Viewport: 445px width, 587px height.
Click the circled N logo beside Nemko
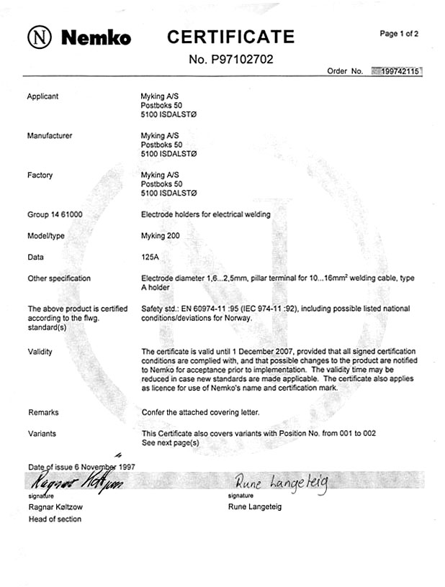click(x=40, y=37)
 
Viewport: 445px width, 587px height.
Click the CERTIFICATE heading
click(x=230, y=37)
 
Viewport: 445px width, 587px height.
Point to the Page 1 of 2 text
click(x=399, y=34)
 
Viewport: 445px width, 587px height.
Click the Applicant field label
click(x=42, y=96)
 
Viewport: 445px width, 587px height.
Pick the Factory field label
click(x=40, y=175)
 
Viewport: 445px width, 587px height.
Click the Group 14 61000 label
click(x=55, y=214)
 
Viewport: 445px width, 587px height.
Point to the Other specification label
click(x=59, y=278)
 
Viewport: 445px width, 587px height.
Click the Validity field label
click(x=40, y=352)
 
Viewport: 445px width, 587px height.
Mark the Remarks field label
click(x=42, y=412)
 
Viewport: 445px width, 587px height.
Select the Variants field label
click(x=41, y=434)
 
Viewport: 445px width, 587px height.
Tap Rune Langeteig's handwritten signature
click(x=280, y=483)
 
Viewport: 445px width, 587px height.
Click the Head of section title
click(x=55, y=519)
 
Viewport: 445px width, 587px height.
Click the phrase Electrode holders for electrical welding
click(x=205, y=214)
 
